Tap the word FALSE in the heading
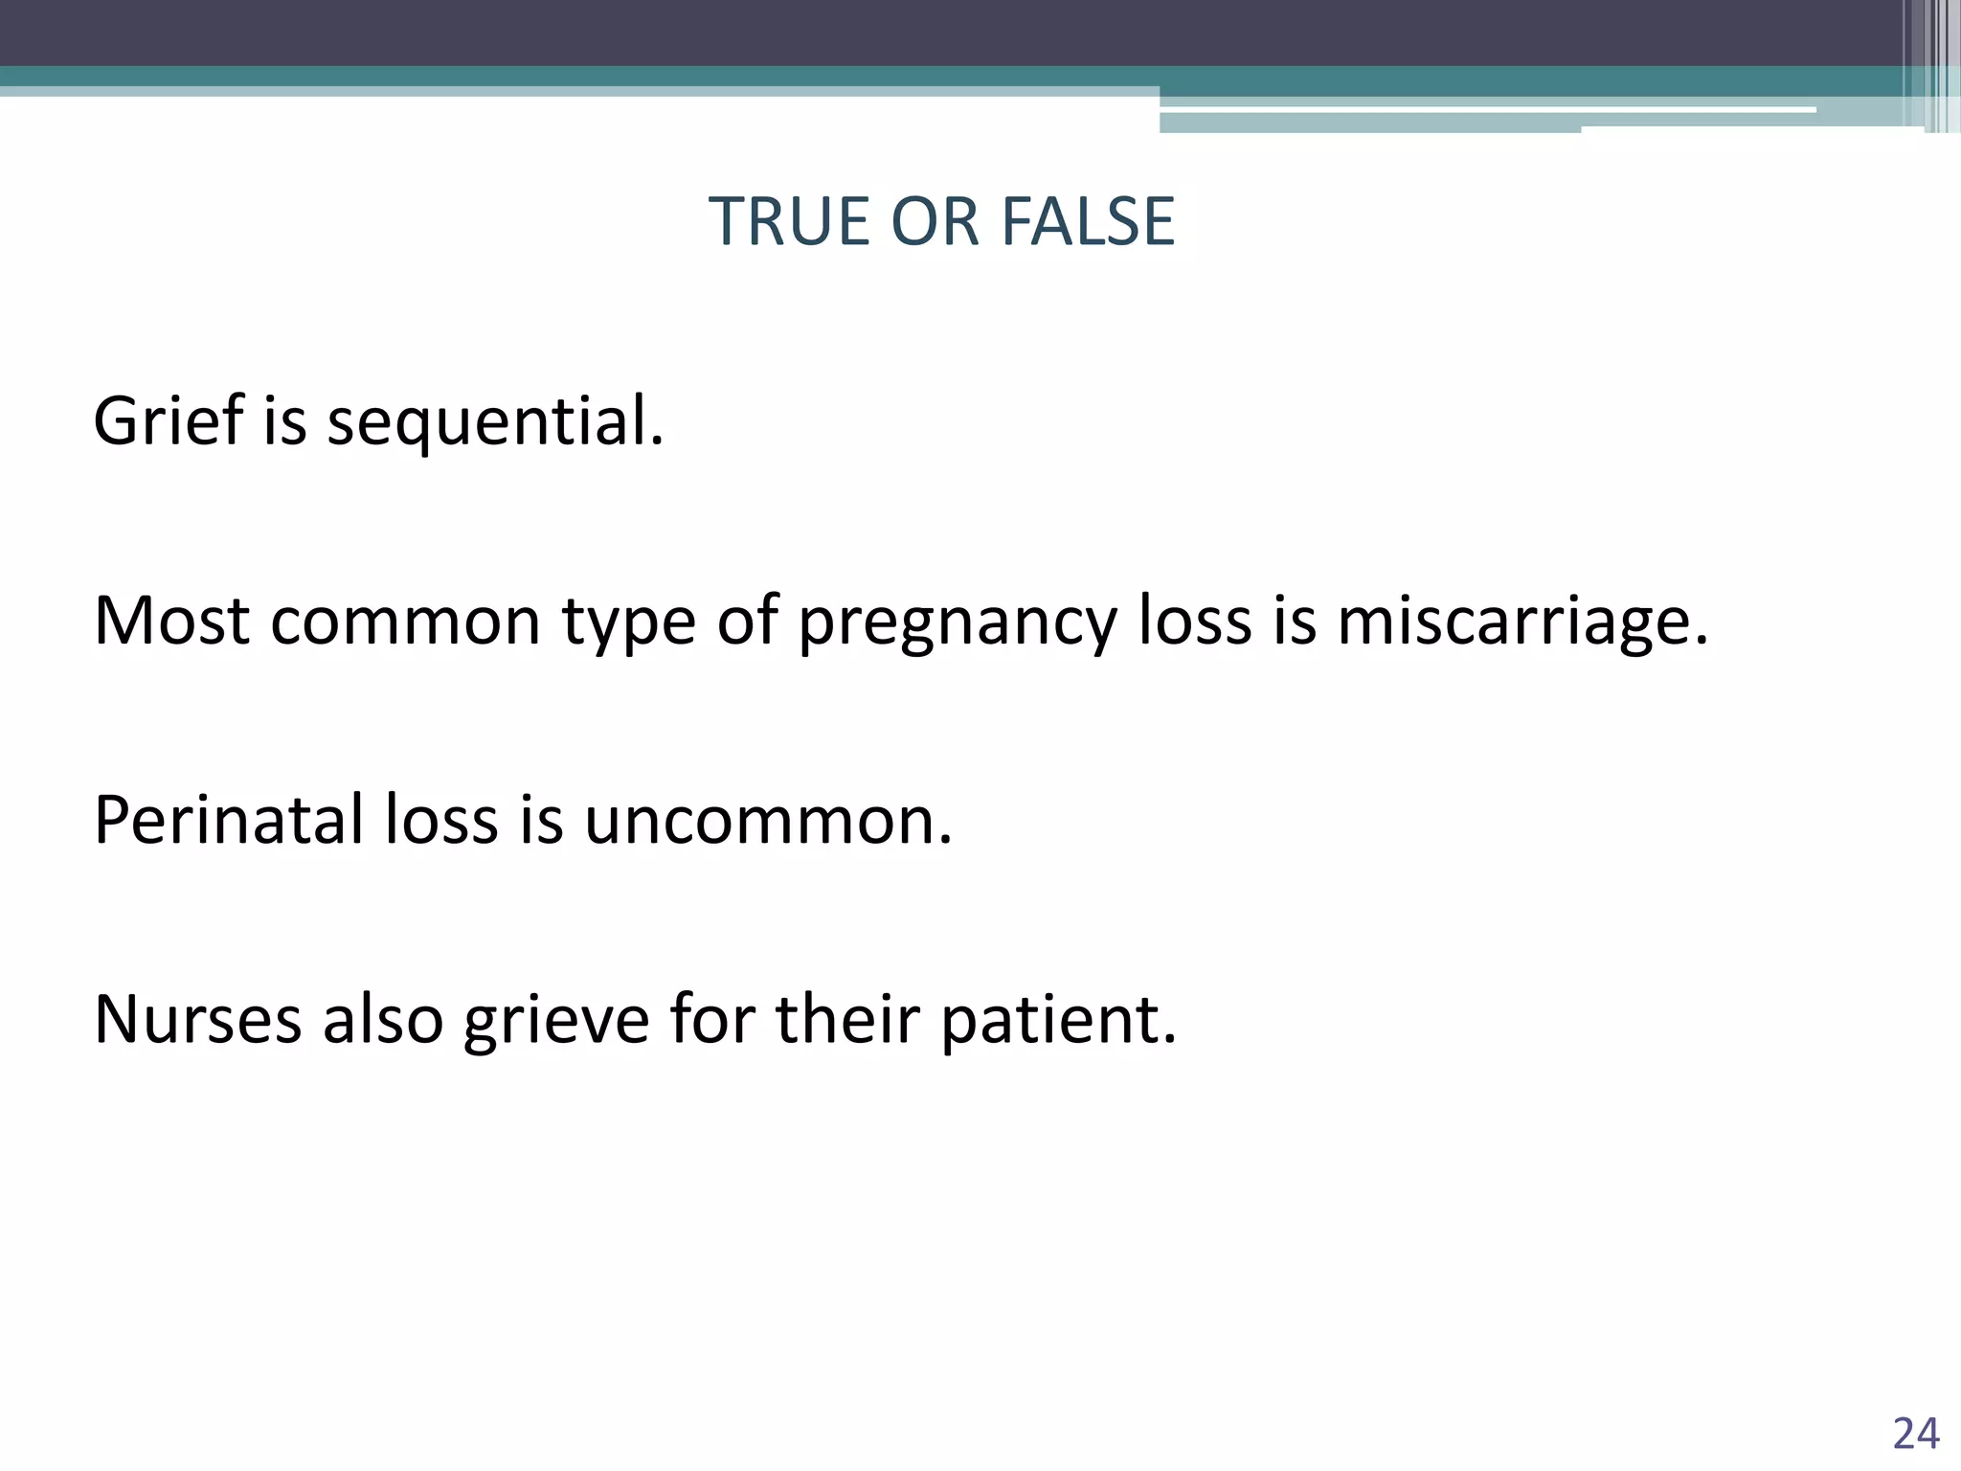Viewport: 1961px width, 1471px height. [1088, 221]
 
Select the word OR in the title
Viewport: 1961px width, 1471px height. [935, 221]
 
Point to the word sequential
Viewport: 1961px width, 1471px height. [495, 422]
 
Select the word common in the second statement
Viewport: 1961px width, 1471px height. [406, 622]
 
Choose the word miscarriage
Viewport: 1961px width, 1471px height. [1522, 622]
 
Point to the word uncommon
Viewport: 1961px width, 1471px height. [768, 822]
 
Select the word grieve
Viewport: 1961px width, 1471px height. [556, 1021]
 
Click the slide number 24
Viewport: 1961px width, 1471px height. [1916, 1434]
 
